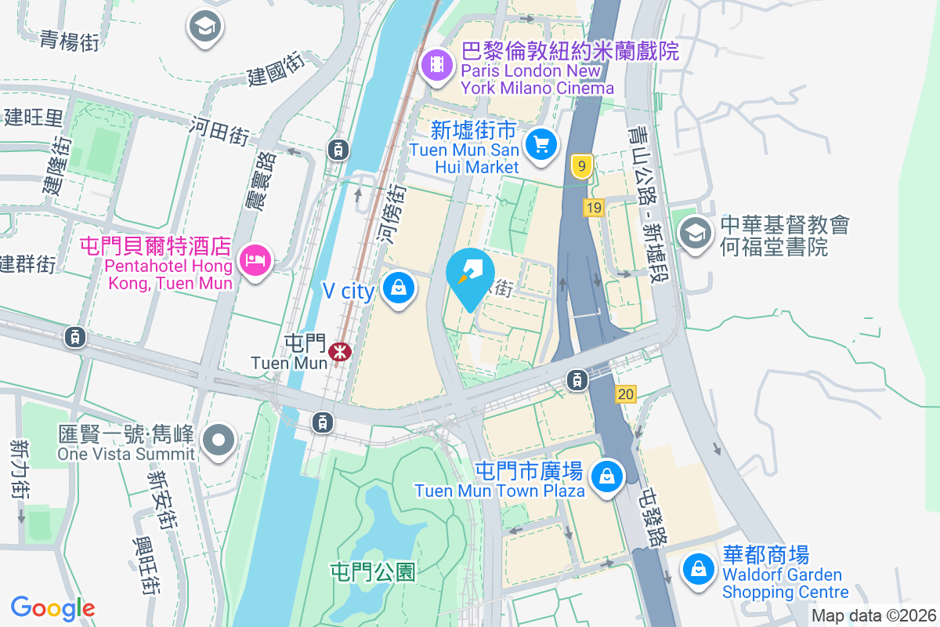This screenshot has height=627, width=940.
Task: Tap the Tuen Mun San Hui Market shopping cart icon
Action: (x=540, y=144)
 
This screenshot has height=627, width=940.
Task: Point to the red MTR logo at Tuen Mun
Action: (x=340, y=351)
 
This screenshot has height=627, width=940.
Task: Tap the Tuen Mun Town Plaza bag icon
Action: (x=606, y=476)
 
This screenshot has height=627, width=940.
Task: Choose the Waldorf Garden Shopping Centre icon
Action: (x=697, y=569)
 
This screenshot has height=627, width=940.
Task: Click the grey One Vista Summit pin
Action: (x=219, y=440)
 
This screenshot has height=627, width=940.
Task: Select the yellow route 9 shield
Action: (x=580, y=166)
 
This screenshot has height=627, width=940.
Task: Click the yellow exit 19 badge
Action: (x=593, y=208)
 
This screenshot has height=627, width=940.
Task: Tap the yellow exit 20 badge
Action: (x=625, y=394)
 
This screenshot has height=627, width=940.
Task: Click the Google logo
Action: (x=52, y=608)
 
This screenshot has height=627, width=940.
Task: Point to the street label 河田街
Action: (x=219, y=131)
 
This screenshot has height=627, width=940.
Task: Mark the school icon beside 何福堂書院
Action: (x=694, y=233)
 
